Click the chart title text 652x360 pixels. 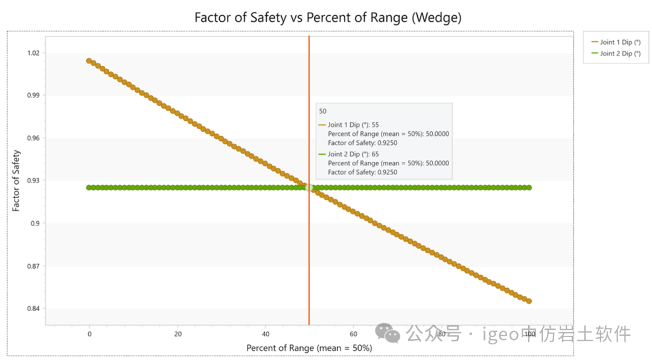pos(328,18)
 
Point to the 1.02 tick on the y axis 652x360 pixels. pos(33,53)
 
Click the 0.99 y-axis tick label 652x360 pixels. pos(33,95)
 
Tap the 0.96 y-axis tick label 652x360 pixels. pos(33,138)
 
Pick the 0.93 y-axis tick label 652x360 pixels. pos(33,181)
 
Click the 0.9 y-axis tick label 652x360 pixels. pos(35,223)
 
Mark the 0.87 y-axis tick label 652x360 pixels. pos(33,266)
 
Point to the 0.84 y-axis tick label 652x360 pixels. pos(33,309)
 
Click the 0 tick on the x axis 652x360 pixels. pos(89,334)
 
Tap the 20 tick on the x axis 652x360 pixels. pos(177,334)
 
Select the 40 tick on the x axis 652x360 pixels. pos(266,334)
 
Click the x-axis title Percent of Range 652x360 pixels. pos(308,349)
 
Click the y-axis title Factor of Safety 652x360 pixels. pos(16,181)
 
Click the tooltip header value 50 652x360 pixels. pos(323,112)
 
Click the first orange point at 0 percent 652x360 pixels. pos(89,61)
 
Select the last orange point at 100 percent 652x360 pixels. pos(529,301)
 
